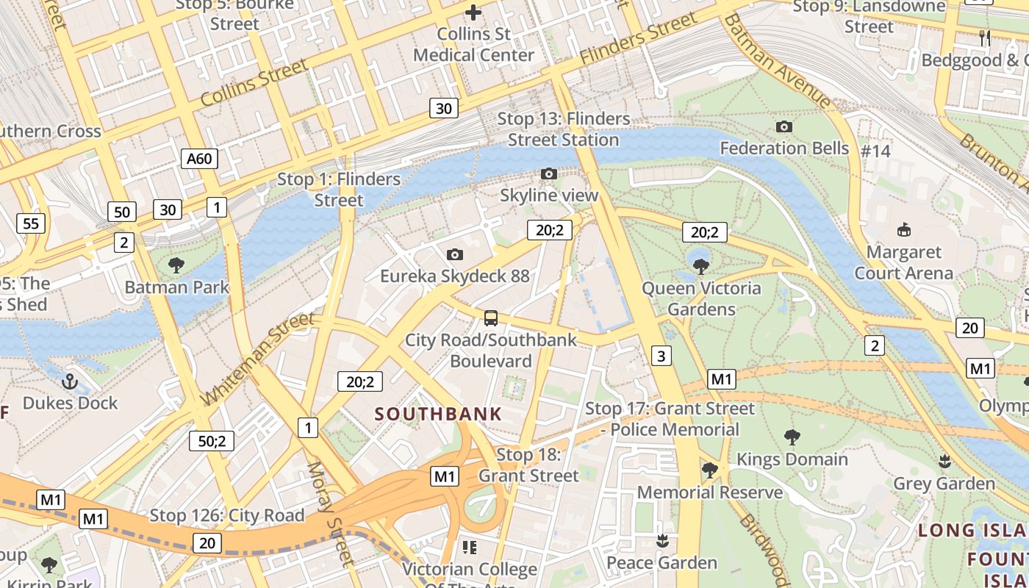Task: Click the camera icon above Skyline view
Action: [548, 174]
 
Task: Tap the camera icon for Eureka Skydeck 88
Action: [455, 255]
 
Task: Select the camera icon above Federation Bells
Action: [784, 126]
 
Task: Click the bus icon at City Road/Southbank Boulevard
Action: [491, 318]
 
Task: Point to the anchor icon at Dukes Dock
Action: [70, 381]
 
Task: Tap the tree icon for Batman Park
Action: [176, 265]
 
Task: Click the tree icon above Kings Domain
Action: [792, 437]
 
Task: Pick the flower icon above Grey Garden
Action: [944, 462]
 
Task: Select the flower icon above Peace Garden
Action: [662, 541]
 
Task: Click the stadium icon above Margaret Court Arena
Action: [903, 230]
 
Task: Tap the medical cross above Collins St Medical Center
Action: [473, 12]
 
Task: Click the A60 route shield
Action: [199, 158]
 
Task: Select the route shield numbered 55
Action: [31, 223]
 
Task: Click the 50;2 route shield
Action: [212, 441]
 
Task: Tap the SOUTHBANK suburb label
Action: [438, 414]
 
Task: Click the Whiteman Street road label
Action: [257, 359]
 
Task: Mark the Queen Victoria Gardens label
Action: [701, 298]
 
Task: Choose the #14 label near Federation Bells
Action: [875, 151]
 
